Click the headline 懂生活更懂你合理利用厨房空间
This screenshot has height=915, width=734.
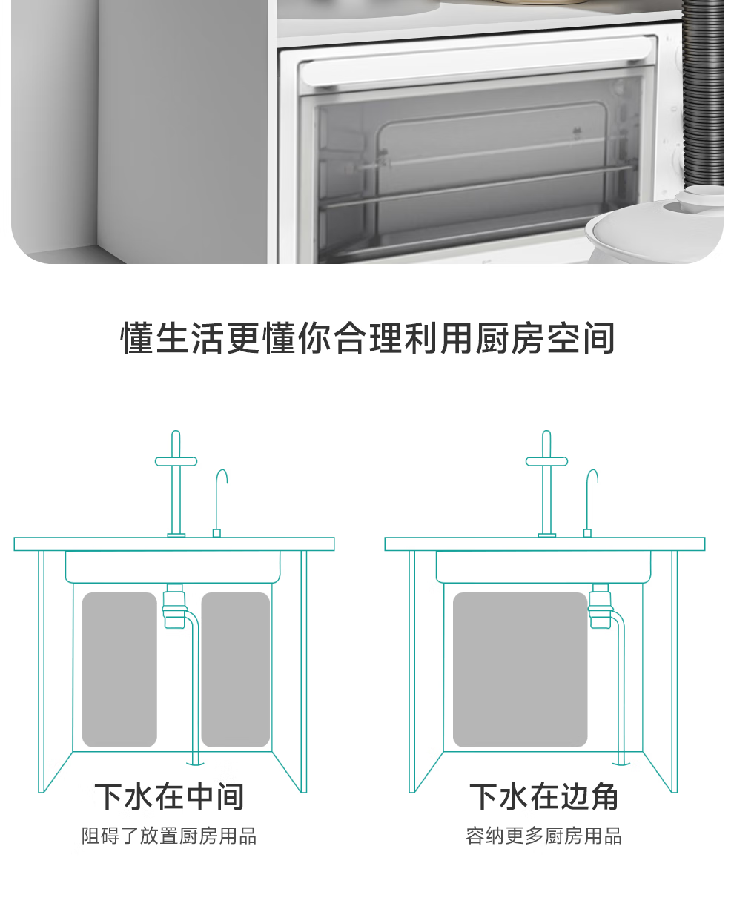pos(368,338)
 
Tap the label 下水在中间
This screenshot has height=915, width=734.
pos(170,796)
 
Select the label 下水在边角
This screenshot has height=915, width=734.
pos(544,796)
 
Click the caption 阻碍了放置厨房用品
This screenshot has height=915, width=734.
pos(169,836)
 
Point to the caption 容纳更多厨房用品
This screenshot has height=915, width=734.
pos(544,836)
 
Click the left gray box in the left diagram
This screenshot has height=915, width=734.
pos(119,669)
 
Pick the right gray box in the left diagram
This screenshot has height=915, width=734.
pos(236,669)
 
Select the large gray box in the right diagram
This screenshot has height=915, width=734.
pos(520,669)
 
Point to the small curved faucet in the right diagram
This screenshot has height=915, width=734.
pos(590,501)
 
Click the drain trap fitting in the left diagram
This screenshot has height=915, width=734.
pos(174,607)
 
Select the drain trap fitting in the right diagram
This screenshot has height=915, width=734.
pos(600,607)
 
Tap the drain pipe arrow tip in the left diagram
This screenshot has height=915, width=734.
pos(195,762)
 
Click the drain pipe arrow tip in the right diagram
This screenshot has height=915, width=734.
pos(621,762)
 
